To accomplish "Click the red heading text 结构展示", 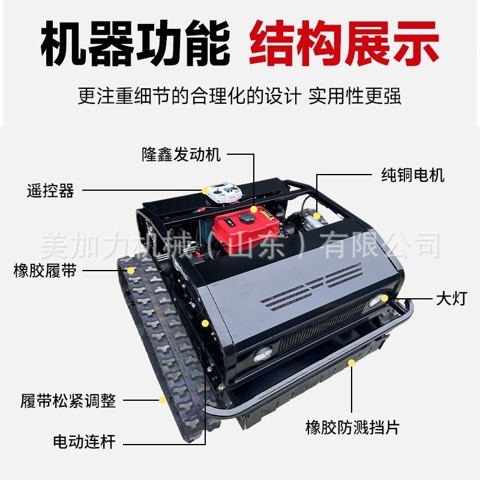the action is tap(344, 43).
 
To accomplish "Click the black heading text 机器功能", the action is tap(136, 43).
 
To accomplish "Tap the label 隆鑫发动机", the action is tap(181, 154).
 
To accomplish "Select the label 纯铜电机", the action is tap(413, 175).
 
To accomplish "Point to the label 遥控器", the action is tap(50, 190).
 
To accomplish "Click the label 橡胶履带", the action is tap(44, 271).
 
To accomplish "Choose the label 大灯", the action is tap(452, 298).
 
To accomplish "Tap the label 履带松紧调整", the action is tap(68, 400).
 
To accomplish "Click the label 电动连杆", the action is tap(84, 442).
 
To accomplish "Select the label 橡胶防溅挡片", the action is tap(352, 427).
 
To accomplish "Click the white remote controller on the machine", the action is tap(224, 193).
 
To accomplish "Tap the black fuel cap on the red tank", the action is tap(247, 218).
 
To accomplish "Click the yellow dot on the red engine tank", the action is tap(253, 209).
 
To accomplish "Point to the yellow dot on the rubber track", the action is tap(131, 271).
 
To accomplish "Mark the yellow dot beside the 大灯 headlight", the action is tap(385, 298).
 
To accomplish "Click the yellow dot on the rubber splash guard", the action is tap(352, 363).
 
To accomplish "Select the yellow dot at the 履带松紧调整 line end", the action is tap(163, 400).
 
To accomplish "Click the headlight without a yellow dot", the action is tap(263, 355).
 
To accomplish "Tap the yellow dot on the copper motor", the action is tap(317, 216).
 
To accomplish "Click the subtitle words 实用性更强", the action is tap(355, 96).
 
